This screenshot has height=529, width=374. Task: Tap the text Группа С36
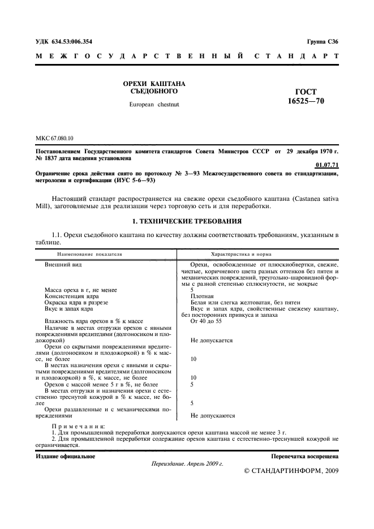323,41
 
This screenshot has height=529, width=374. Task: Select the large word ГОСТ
306,91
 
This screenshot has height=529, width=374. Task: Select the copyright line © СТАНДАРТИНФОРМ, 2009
291,471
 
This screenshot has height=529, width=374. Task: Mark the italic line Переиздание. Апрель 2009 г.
187,463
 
